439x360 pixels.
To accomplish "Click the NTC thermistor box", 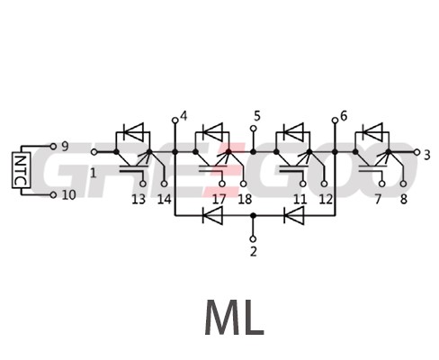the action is [x=22, y=170].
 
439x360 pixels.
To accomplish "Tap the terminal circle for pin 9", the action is [x=53, y=147].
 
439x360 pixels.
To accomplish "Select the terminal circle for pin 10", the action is [x=53, y=195].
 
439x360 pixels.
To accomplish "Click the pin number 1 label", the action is [x=94, y=173].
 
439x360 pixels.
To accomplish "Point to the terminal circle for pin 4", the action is [x=175, y=121].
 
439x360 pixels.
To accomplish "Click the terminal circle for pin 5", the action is [x=254, y=129].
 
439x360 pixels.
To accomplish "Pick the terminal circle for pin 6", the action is [x=335, y=121].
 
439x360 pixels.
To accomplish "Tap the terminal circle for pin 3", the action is [x=417, y=152].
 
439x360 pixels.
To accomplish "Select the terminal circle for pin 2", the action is [x=254, y=239].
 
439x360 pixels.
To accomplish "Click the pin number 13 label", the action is [x=139, y=200].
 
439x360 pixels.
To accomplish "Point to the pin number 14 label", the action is [x=165, y=200].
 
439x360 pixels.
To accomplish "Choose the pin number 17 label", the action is [x=219, y=200].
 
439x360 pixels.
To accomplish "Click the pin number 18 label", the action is [x=245, y=200].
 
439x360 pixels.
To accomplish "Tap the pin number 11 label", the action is [x=300, y=200].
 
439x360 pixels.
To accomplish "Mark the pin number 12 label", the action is [x=326, y=200].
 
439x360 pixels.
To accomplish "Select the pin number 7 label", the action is [x=378, y=200].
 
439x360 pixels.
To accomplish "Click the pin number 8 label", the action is [x=404, y=200].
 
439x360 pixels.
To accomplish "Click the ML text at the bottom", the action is [x=234, y=318].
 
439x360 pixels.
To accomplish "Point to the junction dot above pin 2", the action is [x=254, y=215].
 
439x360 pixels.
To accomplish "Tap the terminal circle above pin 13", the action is [x=143, y=184].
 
